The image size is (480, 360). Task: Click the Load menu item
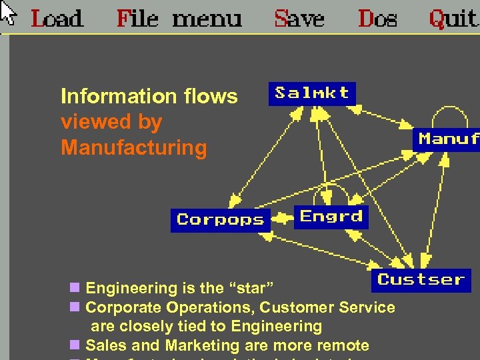57,18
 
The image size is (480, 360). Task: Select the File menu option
179,18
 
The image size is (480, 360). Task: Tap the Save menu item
299,18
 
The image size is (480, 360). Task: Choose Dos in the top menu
377,18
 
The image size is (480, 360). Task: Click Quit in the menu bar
453,19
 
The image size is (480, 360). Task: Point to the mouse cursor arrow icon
7,11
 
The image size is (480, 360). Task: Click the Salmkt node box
311,93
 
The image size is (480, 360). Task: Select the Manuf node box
448,139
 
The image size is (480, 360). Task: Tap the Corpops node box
220,219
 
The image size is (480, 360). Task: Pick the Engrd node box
331,216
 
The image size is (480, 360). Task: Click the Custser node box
421,279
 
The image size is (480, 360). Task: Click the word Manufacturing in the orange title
133,147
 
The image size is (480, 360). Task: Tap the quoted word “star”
251,289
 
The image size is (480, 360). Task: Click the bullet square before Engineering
75,289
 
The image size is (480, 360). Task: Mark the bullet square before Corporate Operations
75,307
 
